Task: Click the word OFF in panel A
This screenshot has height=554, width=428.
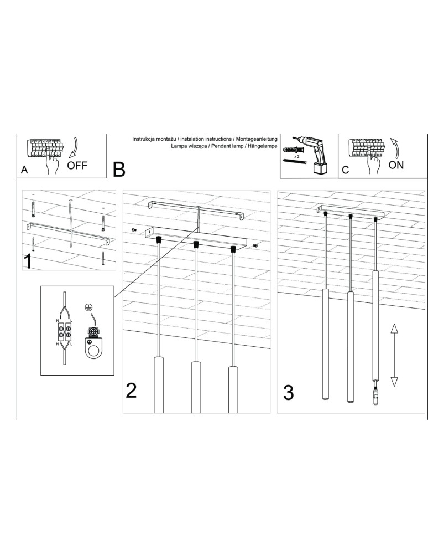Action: (77, 165)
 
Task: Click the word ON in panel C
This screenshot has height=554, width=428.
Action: (396, 165)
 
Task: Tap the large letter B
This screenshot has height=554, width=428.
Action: (119, 170)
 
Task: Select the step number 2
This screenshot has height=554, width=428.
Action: (131, 391)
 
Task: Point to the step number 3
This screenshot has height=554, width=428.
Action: (288, 392)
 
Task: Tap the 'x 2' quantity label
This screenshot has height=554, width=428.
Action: (296, 157)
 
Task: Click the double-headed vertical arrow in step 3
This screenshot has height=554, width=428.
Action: (394, 355)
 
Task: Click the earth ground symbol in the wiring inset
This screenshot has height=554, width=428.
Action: (87, 306)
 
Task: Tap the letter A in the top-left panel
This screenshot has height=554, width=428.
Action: (24, 171)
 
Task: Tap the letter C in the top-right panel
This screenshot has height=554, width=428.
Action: (346, 171)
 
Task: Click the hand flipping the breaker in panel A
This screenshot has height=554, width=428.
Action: (54, 165)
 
